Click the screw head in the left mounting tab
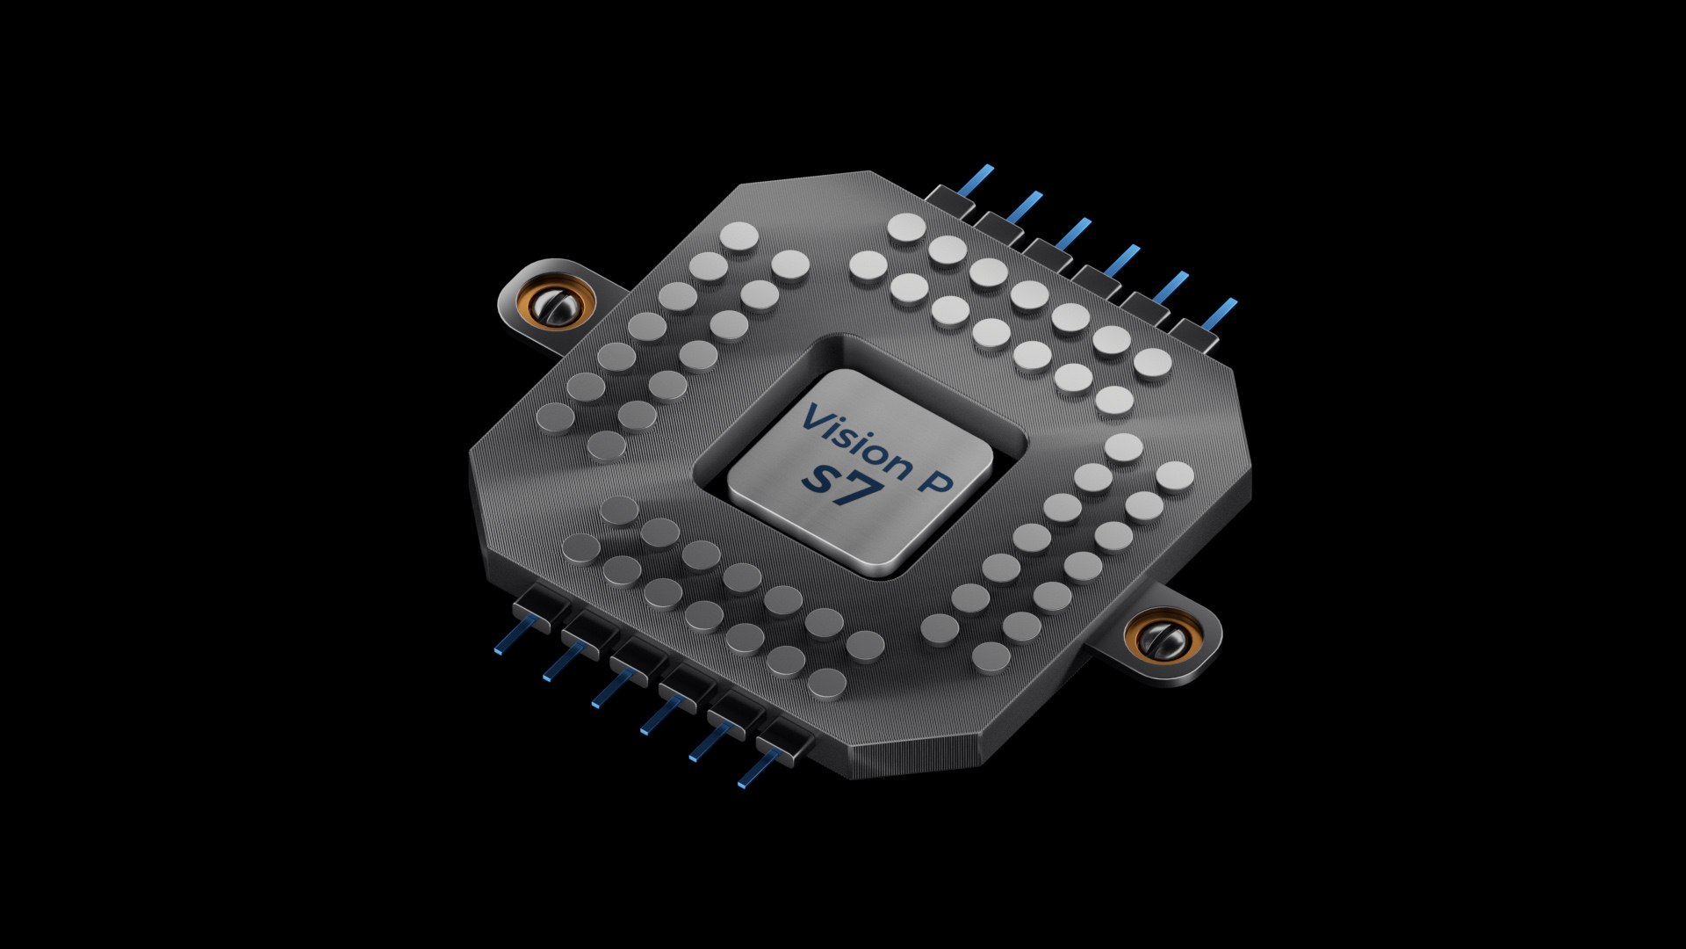(556, 306)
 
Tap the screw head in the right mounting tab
(1170, 639)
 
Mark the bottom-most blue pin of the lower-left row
(754, 771)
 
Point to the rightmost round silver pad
(1175, 475)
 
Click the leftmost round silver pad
(555, 416)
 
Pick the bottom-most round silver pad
(826, 682)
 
